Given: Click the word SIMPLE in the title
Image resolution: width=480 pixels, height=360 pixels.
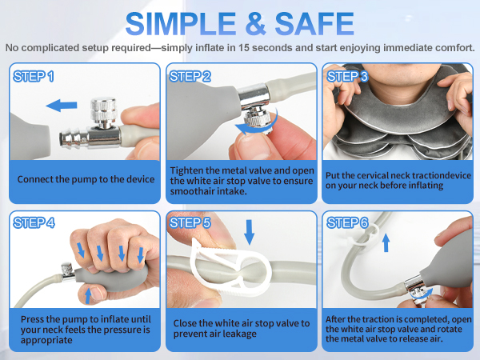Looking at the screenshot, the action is point(181,23).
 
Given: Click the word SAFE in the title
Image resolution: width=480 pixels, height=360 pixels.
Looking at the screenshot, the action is point(314,23).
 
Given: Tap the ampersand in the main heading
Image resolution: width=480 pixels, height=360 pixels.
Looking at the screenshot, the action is point(255,23).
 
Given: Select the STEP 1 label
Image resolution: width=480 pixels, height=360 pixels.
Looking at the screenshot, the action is point(34,77).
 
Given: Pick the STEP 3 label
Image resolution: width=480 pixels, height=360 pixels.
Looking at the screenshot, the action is point(347,77).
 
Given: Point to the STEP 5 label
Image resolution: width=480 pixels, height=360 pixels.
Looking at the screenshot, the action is point(190,222).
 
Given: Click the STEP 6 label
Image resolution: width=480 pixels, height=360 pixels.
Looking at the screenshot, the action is point(347,222).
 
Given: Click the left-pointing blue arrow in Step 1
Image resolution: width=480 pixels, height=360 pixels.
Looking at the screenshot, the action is point(62,106).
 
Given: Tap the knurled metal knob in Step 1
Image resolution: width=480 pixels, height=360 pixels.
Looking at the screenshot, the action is point(103,112).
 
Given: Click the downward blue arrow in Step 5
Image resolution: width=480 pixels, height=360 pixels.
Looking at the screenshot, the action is point(249,232).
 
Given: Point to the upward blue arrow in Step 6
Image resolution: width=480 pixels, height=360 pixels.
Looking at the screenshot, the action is point(386,242).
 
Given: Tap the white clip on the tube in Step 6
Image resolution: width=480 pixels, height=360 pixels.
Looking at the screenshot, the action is point(362,236).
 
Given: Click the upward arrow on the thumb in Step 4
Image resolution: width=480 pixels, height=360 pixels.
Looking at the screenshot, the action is point(88,296).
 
